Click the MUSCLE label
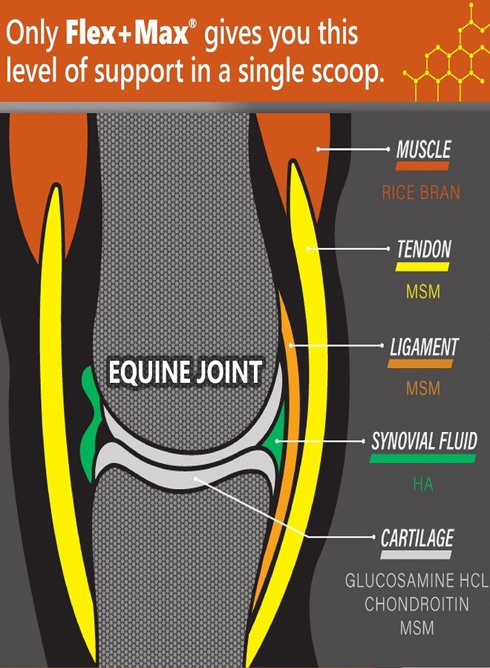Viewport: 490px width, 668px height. pos(423,149)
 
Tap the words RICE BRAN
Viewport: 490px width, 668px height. pos(421,192)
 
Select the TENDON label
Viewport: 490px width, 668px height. pos(424,249)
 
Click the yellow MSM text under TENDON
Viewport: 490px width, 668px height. pos(422,292)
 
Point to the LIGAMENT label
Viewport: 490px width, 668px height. pos(425,347)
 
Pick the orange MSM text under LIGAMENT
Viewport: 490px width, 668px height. pos(422,388)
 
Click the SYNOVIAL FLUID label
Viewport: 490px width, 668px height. pos(425,442)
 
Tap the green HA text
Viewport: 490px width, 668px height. pos(422,485)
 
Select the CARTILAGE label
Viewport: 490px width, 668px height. pos(417,538)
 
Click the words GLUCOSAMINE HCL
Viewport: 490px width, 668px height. pos(416,580)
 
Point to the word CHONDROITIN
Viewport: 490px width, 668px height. pos(416,604)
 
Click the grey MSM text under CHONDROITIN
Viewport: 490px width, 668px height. pos(416,628)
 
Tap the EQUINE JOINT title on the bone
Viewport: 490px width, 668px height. pos(185,372)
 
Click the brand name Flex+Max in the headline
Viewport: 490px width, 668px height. pos(126,33)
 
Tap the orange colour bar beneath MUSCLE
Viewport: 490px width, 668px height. pos(422,166)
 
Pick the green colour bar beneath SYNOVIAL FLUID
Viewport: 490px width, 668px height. pos(422,459)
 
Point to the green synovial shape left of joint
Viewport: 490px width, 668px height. pos(91,422)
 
